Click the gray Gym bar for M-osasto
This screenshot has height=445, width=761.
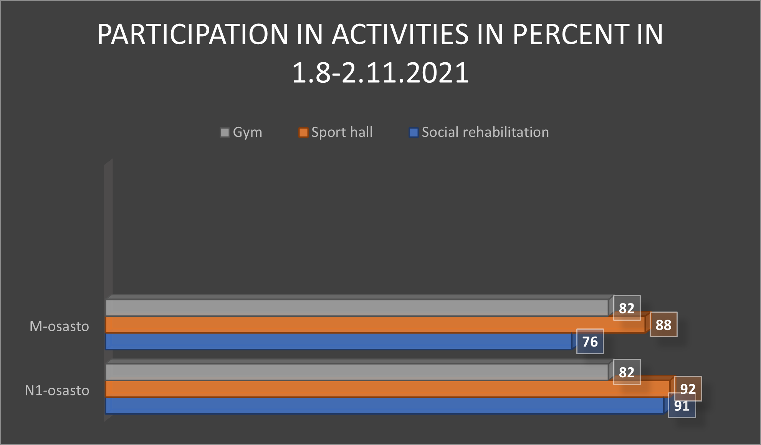point(357,308)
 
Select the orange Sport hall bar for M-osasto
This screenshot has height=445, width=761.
point(376,325)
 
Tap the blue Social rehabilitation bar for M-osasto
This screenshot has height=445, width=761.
point(339,342)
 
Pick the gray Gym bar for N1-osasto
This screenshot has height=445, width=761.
point(357,372)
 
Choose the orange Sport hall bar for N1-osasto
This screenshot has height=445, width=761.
point(388,389)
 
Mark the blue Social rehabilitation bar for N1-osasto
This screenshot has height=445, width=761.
point(385,406)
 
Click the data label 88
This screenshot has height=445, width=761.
point(663,325)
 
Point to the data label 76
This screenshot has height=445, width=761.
point(590,342)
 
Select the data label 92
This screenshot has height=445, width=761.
point(688,388)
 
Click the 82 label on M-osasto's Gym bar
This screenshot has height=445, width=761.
point(627,308)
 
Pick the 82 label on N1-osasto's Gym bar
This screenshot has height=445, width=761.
point(627,372)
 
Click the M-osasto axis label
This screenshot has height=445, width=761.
point(60,326)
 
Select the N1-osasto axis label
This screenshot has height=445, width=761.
point(57,390)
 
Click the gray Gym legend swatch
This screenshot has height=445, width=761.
point(225,133)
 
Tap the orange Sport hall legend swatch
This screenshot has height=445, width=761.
point(303,133)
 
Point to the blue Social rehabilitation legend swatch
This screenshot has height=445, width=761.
point(414,133)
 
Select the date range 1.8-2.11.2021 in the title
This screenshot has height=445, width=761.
point(380,73)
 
